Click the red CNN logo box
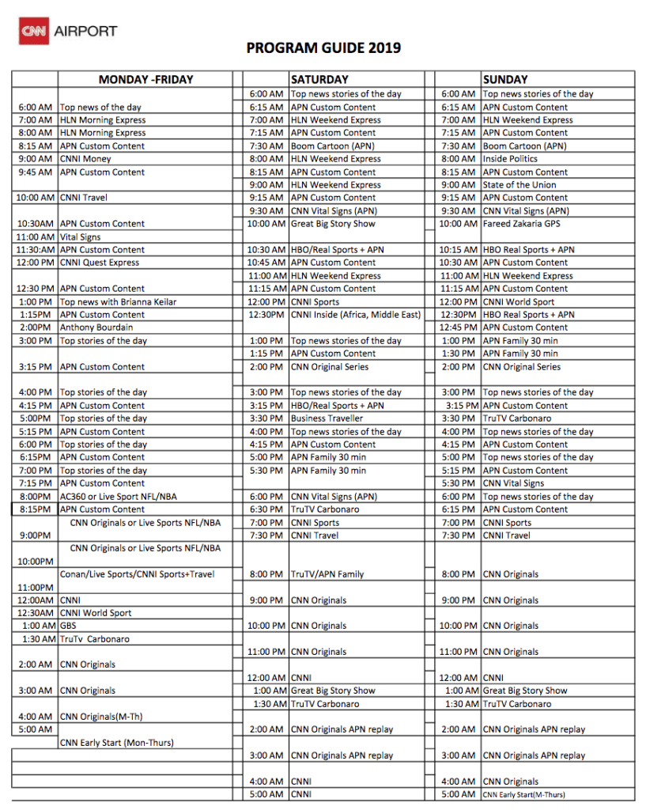pyautogui.click(x=33, y=32)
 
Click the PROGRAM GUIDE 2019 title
pyautogui.click(x=323, y=48)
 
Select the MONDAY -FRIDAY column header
pyautogui.click(x=145, y=80)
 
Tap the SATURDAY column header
pyautogui.click(x=319, y=80)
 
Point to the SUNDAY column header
pyautogui.click(x=505, y=80)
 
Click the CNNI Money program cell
pyautogui.click(x=85, y=159)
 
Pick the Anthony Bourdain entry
pyautogui.click(x=96, y=327)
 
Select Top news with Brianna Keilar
pyautogui.click(x=118, y=301)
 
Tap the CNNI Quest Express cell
pyautogui.click(x=100, y=263)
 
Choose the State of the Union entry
pyautogui.click(x=519, y=185)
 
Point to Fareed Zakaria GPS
pyautogui.click(x=522, y=224)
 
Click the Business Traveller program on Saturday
pyautogui.click(x=327, y=418)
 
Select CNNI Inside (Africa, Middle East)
pyautogui.click(x=356, y=315)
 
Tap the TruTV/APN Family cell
pyautogui.click(x=327, y=574)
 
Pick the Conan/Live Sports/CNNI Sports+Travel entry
pyautogui.click(x=138, y=574)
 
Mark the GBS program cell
pyautogui.click(x=68, y=626)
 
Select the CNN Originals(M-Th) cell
pyautogui.click(x=101, y=717)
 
